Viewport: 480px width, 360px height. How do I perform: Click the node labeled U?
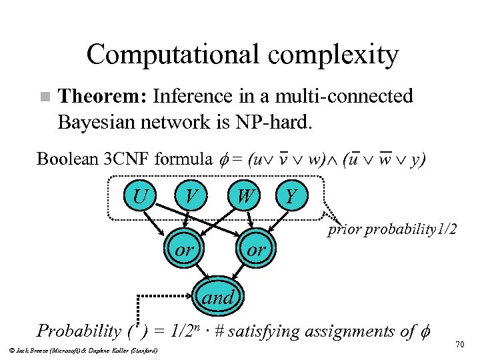click(x=141, y=197)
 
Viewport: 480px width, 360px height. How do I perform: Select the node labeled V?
click(x=192, y=197)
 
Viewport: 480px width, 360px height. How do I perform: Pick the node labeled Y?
click(x=290, y=197)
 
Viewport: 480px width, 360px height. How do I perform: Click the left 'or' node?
click(x=184, y=250)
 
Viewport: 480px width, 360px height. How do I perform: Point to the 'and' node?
click(x=218, y=297)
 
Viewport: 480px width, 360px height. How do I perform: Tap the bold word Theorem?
click(x=102, y=97)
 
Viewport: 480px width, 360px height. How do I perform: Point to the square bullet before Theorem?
click(x=45, y=97)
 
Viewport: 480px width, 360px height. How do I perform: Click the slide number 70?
click(x=459, y=343)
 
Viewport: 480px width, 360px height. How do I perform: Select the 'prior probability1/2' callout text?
click(x=392, y=230)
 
